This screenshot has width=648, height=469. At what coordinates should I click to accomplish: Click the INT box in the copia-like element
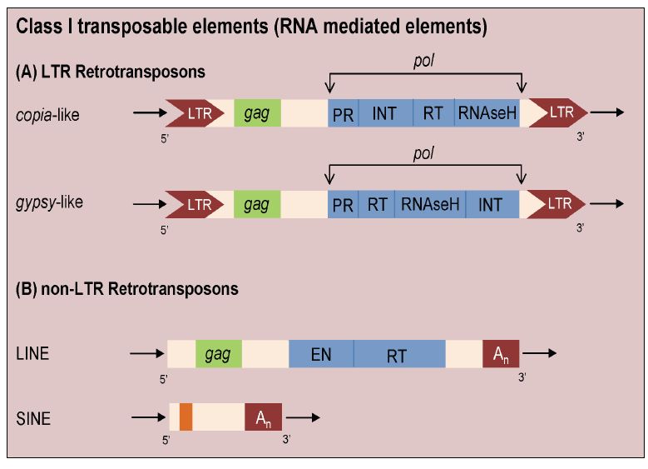(x=385, y=113)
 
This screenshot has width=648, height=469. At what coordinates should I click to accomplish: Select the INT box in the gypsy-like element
(x=492, y=203)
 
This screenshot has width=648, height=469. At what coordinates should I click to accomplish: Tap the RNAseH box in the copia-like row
(x=487, y=113)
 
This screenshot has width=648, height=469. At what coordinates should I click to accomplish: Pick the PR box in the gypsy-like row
(x=343, y=203)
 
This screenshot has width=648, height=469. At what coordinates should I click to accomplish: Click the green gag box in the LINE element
(x=219, y=353)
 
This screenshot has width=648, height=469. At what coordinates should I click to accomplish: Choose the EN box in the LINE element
(x=321, y=353)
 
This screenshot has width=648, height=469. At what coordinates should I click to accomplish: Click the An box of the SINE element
(x=263, y=417)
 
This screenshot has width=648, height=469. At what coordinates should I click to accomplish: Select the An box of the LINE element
(x=501, y=353)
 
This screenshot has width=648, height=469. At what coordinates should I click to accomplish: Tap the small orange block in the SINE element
(x=185, y=417)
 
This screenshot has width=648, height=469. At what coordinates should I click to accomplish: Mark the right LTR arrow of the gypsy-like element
(x=556, y=202)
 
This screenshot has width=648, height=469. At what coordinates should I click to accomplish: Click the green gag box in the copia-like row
(x=257, y=112)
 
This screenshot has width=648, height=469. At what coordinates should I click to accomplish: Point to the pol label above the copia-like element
(x=425, y=63)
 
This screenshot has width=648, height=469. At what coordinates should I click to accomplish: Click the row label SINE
(x=33, y=419)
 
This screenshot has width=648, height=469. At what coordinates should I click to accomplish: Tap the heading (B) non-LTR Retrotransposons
(x=127, y=290)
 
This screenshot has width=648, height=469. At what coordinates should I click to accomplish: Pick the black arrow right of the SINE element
(x=303, y=416)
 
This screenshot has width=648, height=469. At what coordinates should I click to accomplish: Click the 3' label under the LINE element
(x=522, y=379)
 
